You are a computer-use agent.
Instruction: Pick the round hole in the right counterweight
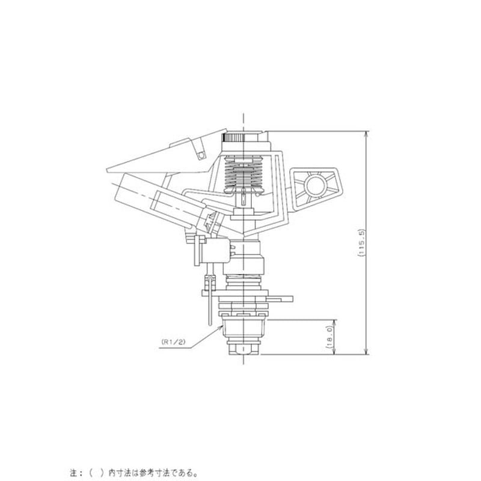[314, 184]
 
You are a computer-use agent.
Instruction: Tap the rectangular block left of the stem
[215, 251]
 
